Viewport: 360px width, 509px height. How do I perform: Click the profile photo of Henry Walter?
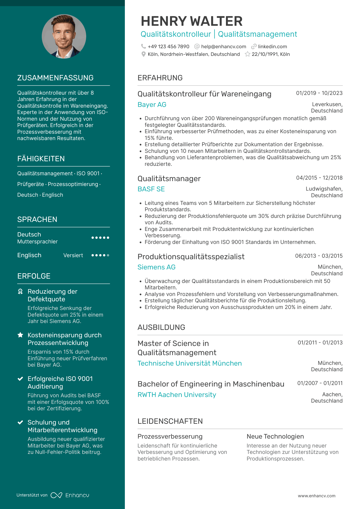(64, 36)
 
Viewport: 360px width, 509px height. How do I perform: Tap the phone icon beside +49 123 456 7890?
(143, 46)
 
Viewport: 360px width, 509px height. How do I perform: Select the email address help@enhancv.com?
(223, 46)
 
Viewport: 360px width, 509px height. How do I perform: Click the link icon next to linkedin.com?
(254, 46)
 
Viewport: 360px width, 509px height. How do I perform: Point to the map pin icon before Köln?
(143, 54)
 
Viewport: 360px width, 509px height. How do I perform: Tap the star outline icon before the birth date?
(247, 54)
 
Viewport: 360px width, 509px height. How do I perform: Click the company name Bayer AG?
(152, 105)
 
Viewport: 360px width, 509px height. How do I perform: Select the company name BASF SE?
(151, 189)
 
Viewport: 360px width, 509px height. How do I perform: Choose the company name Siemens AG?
(157, 267)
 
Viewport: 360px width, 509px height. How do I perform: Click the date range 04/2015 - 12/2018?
(319, 178)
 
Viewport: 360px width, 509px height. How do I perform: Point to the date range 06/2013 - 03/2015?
(319, 256)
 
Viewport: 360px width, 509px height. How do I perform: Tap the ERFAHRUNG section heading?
(160, 78)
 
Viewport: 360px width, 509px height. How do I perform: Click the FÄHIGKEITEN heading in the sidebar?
(41, 159)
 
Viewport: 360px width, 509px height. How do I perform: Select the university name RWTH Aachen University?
(177, 395)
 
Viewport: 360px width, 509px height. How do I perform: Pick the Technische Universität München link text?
(189, 363)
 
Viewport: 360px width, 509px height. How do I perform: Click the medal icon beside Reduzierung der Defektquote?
(20, 291)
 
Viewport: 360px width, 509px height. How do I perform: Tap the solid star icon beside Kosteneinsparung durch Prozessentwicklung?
(20, 335)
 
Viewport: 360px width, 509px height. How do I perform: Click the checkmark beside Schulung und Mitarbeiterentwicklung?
(20, 422)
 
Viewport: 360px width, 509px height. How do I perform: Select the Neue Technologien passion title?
(275, 437)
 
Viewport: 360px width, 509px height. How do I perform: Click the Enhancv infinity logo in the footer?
(56, 495)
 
